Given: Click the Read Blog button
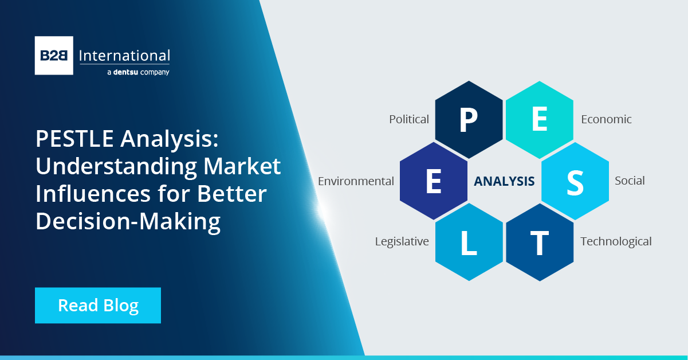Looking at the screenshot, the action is [x=97, y=306].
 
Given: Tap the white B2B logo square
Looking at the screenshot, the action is [x=54, y=56].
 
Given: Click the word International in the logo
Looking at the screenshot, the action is [x=124, y=56].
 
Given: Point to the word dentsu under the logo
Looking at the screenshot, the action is [x=125, y=72].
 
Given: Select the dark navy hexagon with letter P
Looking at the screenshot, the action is [x=469, y=120].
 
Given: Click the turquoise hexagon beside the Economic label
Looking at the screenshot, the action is [x=540, y=120].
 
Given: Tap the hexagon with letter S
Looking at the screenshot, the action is [x=575, y=181].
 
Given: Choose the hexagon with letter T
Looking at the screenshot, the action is [x=540, y=242].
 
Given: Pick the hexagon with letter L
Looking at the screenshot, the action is [x=469, y=242].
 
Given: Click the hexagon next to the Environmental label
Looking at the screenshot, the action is [x=434, y=181].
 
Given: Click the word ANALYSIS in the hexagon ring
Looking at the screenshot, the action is [x=504, y=181].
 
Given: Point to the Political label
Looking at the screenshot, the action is [x=409, y=119].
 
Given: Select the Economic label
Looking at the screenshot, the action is [x=606, y=119].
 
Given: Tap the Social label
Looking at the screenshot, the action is [x=630, y=181].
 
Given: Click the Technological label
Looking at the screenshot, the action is [x=616, y=242].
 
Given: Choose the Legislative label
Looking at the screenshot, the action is [x=402, y=242].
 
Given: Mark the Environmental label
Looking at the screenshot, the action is [x=356, y=181].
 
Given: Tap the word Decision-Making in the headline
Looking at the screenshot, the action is [x=128, y=221].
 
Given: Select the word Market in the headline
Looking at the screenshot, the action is [x=242, y=166].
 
